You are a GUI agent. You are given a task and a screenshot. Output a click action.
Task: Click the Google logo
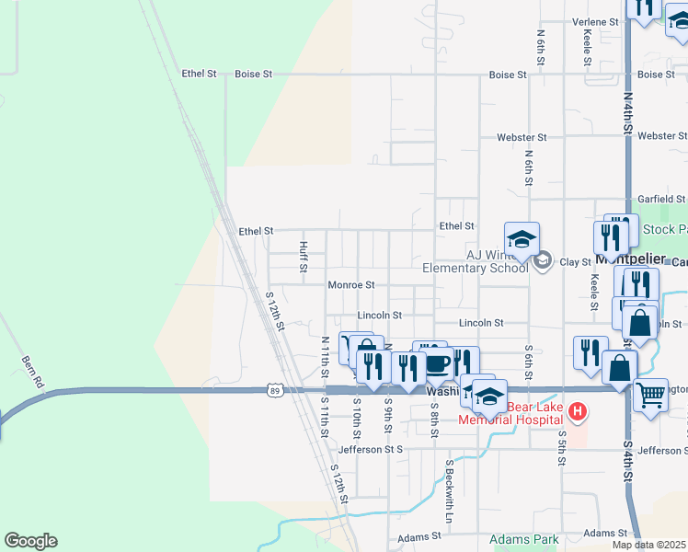tap(30, 541)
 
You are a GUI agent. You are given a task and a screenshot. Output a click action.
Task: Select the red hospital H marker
tap(578, 410)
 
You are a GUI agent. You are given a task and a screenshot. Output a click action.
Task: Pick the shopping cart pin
tap(651, 395)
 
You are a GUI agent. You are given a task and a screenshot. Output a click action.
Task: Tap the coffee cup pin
tap(436, 362)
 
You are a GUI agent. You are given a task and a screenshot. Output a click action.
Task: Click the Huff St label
tap(303, 257)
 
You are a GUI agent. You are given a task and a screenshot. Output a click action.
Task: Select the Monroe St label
tap(351, 285)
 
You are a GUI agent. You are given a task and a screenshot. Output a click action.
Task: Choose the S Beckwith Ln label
tap(452, 487)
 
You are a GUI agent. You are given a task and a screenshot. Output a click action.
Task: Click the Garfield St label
tap(661, 199)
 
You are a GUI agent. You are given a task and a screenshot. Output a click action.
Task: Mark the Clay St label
tap(575, 262)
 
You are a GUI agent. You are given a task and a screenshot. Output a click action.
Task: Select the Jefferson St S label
tap(371, 450)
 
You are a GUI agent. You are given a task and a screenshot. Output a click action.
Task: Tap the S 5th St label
tap(561, 445)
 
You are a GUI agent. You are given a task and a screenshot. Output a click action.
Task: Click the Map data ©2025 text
tap(649, 545)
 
